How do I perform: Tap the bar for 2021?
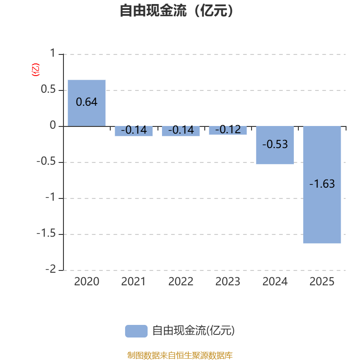click(x=134, y=131)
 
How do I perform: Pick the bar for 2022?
click(x=181, y=131)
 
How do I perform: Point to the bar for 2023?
click(x=228, y=130)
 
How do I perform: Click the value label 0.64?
click(x=86, y=102)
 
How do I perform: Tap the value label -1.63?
click(x=322, y=184)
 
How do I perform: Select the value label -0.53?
click(x=275, y=144)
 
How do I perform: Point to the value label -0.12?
click(x=228, y=130)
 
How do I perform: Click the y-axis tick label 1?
click(x=52, y=54)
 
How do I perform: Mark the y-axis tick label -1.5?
click(x=46, y=234)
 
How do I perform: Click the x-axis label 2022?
click(x=181, y=282)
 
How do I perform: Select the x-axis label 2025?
click(x=322, y=282)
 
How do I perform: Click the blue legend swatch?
click(x=136, y=331)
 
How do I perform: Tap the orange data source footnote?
click(x=180, y=355)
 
